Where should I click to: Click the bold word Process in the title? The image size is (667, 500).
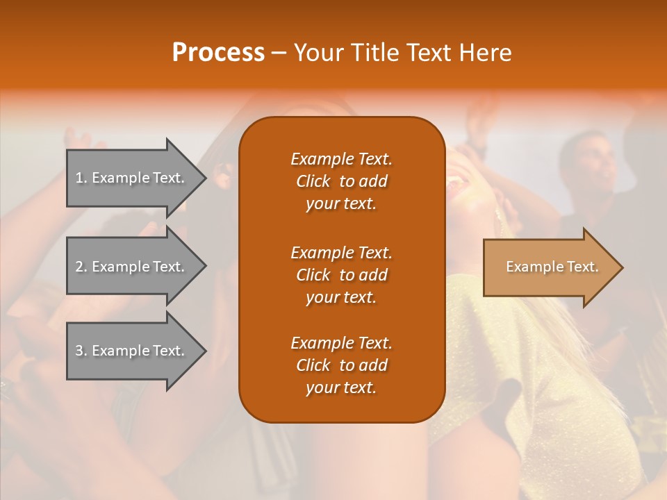pyautogui.click(x=218, y=53)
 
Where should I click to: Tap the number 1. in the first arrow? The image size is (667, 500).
pyautogui.click(x=81, y=178)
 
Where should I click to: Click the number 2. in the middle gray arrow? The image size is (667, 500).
pyautogui.click(x=81, y=267)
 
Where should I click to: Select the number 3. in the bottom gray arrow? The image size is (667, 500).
pyautogui.click(x=81, y=351)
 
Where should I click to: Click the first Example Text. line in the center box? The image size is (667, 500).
pyautogui.click(x=341, y=159)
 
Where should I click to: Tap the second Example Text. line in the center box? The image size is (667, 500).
pyautogui.click(x=341, y=253)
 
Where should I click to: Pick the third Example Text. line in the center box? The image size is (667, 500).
pyautogui.click(x=341, y=343)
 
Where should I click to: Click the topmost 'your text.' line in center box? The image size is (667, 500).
pyautogui.click(x=341, y=203)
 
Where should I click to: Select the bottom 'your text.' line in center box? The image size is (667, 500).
pyautogui.click(x=341, y=387)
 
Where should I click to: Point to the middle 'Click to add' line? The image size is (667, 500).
pyautogui.click(x=341, y=275)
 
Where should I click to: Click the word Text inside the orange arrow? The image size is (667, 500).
pyautogui.click(x=582, y=267)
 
